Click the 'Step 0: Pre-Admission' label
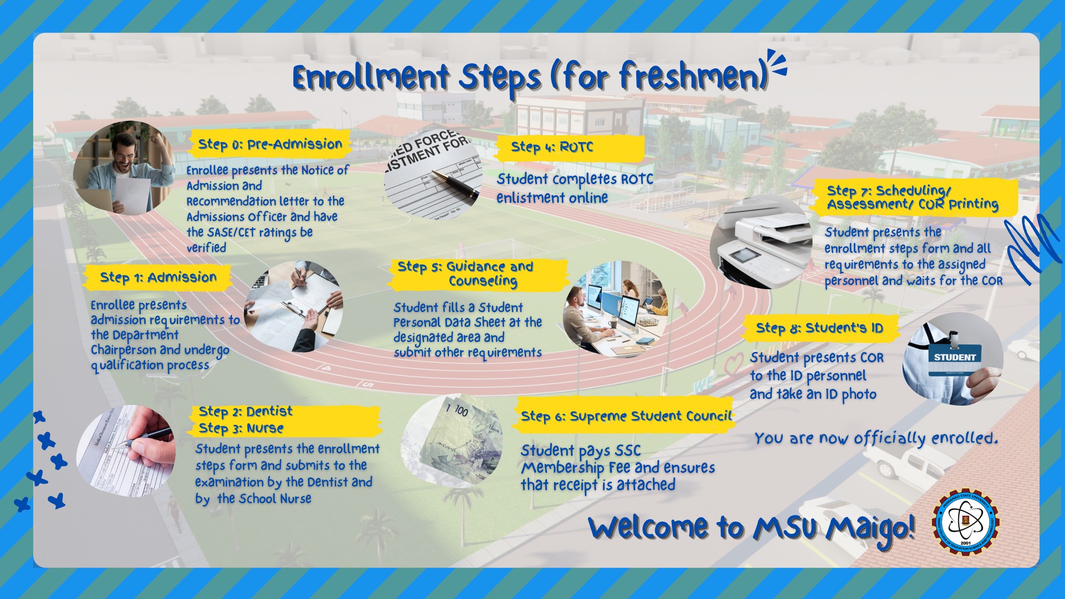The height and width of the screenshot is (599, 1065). click(270, 144)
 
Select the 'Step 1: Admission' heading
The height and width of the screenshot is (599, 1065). click(158, 277)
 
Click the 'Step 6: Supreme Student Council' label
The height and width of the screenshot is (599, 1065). click(626, 416)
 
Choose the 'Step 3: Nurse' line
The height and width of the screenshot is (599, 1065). click(241, 428)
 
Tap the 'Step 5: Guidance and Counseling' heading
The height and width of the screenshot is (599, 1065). click(466, 274)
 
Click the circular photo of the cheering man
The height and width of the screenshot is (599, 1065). click(124, 168)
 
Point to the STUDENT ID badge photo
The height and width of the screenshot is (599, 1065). click(953, 359)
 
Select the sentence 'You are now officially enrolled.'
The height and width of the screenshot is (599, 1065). click(876, 438)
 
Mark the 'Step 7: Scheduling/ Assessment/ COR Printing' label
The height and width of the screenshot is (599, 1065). click(913, 198)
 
